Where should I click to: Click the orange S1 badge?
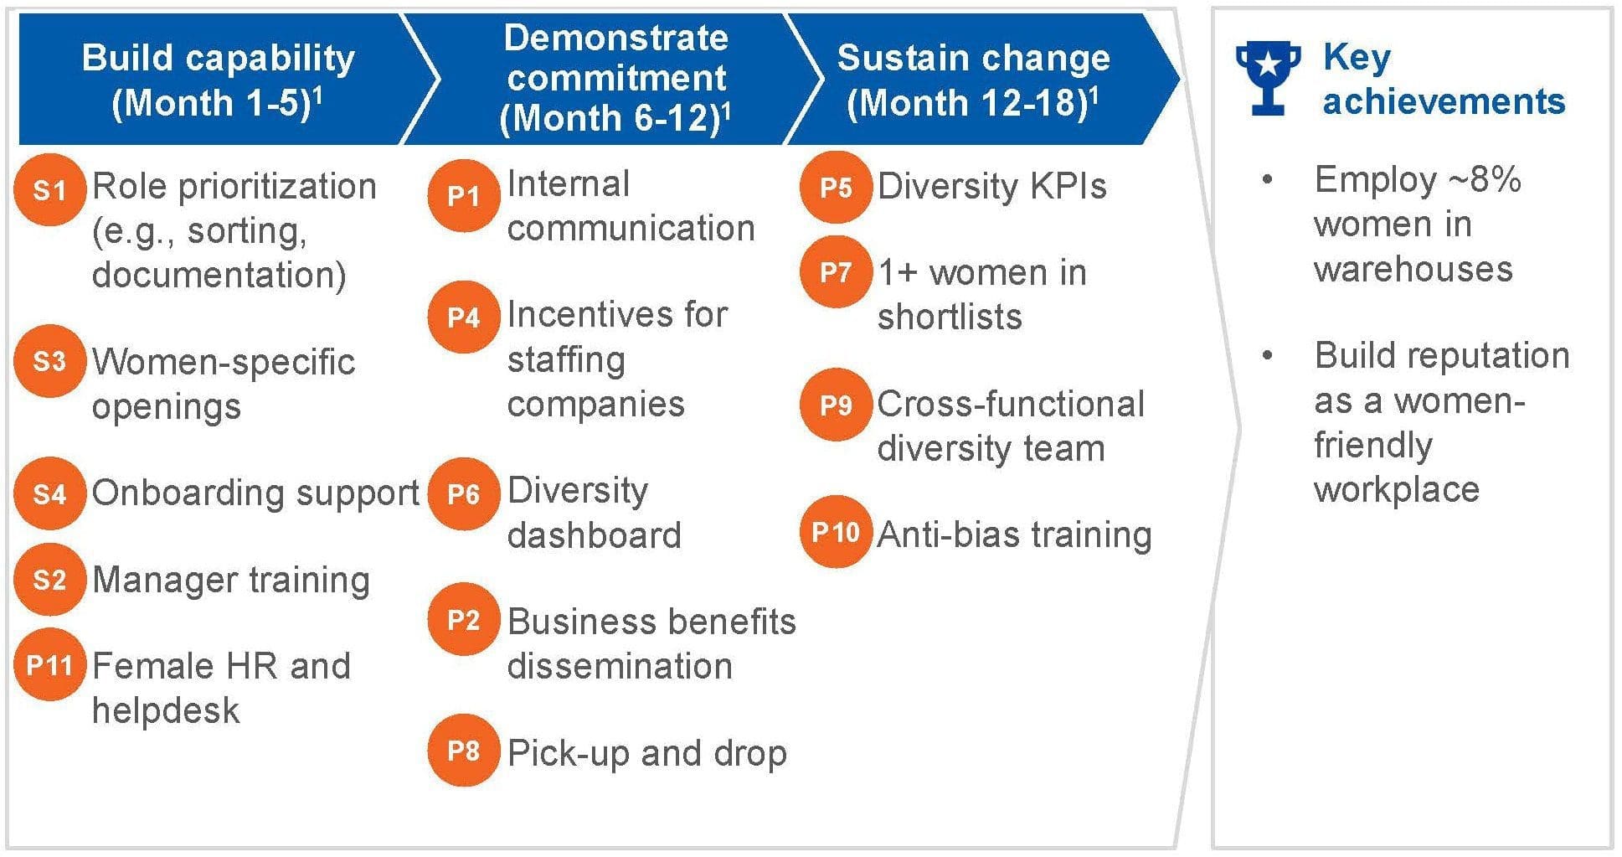(49, 190)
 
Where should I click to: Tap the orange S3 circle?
(49, 361)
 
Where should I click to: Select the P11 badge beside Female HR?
(49, 665)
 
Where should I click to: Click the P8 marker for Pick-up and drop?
(463, 751)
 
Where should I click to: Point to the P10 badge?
(836, 533)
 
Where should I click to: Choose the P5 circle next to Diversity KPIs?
(836, 188)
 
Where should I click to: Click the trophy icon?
(1268, 77)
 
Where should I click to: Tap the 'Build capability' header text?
(219, 58)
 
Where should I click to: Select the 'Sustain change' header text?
(973, 58)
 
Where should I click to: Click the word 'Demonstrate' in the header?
(616, 38)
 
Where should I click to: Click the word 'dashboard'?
(594, 535)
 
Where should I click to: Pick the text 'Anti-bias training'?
(1014, 534)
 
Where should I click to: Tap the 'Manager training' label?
(231, 580)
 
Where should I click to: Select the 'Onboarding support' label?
(255, 493)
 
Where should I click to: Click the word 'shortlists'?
(950, 317)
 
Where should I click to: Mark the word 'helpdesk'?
(166, 710)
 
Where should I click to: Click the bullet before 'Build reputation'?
(1268, 356)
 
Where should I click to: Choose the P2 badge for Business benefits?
(463, 620)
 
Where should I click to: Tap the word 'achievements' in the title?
(1444, 101)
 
